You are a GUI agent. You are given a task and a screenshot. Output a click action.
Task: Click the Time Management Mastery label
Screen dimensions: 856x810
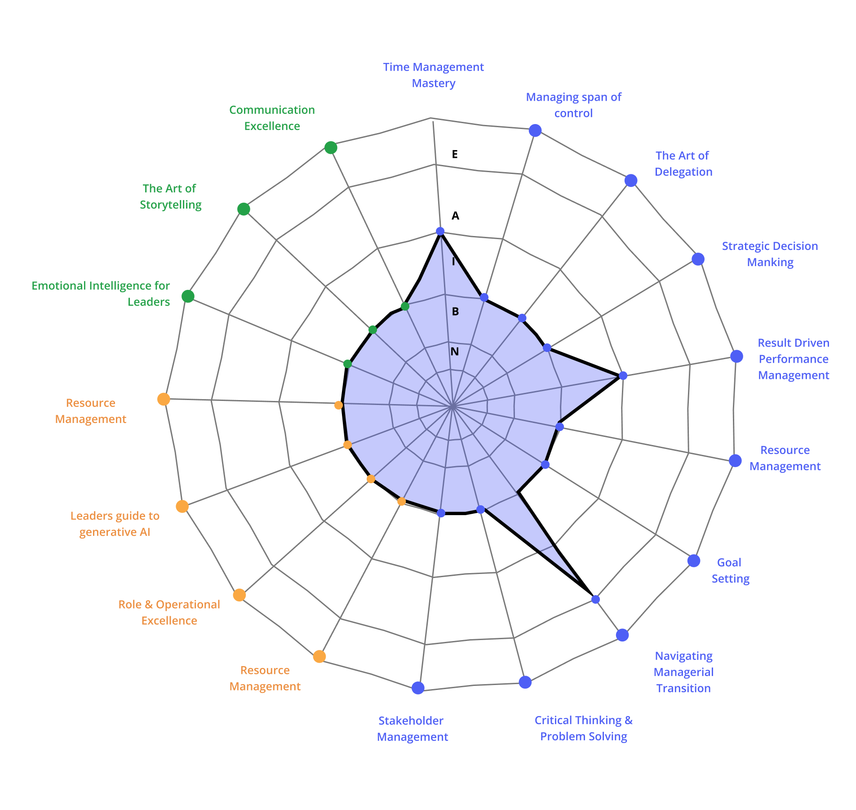[434, 75]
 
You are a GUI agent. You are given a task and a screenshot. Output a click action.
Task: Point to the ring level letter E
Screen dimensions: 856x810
[455, 155]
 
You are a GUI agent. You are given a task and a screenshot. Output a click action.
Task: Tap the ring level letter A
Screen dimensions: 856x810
[456, 216]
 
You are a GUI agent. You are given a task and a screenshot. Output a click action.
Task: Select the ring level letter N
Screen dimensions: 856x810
[455, 352]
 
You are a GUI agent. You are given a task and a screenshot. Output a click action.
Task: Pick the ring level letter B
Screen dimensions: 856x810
[455, 312]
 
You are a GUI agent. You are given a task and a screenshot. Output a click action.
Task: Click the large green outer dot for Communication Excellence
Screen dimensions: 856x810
[331, 147]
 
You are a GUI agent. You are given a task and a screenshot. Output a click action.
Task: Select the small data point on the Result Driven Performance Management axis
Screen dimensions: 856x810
[623, 375]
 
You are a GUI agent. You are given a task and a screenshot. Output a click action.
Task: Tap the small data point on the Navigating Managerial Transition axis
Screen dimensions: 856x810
[595, 599]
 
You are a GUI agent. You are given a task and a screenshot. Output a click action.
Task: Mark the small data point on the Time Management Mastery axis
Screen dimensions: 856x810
[440, 231]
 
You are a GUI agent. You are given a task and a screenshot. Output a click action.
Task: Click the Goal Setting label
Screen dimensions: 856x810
[730, 570]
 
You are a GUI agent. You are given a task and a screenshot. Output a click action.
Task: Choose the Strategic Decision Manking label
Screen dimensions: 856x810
[770, 254]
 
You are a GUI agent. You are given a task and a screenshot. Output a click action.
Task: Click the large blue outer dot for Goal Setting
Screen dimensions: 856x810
[694, 561]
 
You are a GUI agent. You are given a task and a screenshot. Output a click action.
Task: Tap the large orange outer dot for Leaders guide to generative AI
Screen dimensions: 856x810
[182, 507]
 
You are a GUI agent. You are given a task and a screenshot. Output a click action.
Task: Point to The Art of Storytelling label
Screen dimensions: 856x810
[170, 196]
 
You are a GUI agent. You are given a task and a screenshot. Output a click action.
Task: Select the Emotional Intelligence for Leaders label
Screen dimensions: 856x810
[101, 294]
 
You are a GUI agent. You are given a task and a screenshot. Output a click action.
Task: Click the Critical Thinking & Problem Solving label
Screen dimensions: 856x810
[584, 728]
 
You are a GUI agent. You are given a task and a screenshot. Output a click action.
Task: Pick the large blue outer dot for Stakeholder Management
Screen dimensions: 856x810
[418, 688]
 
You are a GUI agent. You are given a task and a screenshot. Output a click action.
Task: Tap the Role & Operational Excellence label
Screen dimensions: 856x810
[169, 612]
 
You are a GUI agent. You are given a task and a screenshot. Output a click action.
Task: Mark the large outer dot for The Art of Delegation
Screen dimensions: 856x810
[631, 180]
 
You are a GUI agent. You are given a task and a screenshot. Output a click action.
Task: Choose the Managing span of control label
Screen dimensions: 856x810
[574, 105]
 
